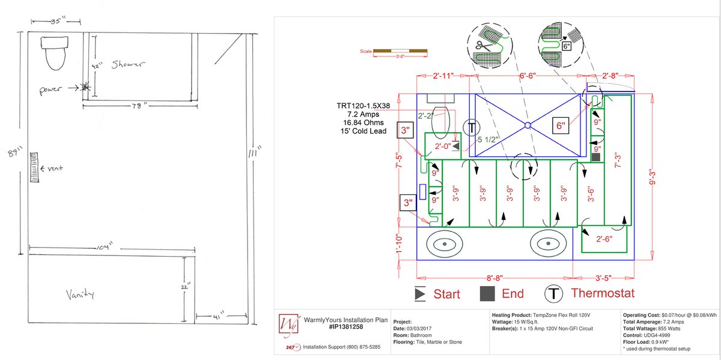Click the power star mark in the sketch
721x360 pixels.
click(85, 87)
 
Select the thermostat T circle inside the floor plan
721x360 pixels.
click(472, 127)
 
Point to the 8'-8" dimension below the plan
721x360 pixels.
click(494, 279)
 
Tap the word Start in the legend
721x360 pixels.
click(447, 294)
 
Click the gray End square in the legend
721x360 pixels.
click(487, 293)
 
